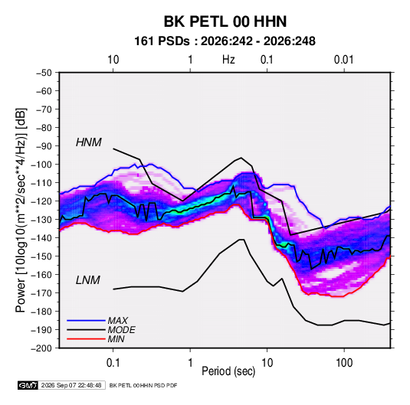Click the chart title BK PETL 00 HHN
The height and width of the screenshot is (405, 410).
click(x=225, y=21)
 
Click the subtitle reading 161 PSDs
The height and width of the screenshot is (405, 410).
click(x=162, y=41)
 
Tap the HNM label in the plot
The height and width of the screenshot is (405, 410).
click(x=88, y=142)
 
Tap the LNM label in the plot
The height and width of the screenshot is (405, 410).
click(x=88, y=280)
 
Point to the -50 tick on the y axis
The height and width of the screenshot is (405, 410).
click(x=44, y=73)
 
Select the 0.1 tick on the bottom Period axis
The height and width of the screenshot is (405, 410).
click(x=113, y=363)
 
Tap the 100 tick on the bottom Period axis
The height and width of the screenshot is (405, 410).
click(x=344, y=363)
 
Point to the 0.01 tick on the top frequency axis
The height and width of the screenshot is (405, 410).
click(x=344, y=60)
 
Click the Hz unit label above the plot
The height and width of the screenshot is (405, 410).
click(x=228, y=60)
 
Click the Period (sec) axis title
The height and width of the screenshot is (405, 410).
click(x=228, y=371)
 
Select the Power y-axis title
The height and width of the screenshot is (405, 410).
click(x=21, y=211)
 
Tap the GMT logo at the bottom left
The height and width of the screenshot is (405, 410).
click(x=28, y=385)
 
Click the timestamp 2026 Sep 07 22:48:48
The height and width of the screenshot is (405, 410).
click(x=71, y=385)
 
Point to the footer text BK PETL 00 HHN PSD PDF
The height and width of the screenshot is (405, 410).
click(x=143, y=385)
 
